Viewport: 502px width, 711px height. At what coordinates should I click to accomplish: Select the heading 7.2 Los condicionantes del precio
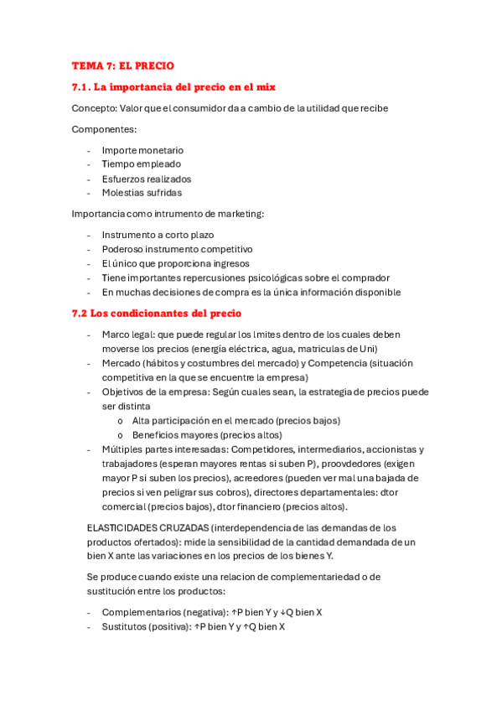157,314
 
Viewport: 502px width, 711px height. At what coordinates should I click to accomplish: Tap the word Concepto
94,108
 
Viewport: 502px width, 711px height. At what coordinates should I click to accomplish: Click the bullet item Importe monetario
142,150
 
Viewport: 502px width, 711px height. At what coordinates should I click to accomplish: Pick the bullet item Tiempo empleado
141,164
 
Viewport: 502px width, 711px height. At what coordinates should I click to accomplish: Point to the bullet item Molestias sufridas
142,193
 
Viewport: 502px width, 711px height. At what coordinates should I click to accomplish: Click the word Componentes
104,129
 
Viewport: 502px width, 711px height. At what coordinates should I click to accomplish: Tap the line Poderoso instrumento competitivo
177,249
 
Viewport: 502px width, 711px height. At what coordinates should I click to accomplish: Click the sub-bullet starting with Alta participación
236,420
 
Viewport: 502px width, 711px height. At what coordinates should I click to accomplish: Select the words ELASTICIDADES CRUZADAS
147,527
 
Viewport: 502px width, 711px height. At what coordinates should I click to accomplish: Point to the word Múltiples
123,449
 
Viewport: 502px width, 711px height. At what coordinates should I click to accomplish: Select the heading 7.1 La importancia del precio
174,86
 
